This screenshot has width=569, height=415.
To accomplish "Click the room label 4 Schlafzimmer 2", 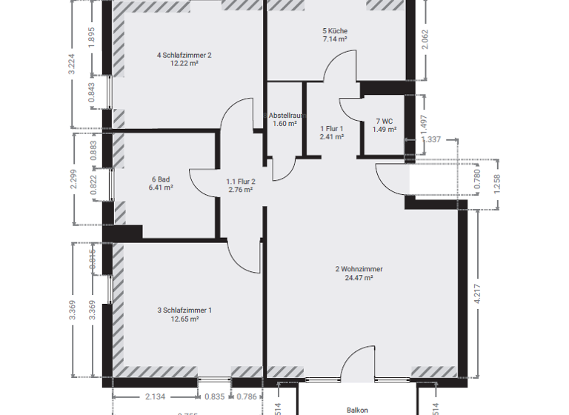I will coord(184,55).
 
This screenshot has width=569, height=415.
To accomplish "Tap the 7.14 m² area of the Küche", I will coord(335,39).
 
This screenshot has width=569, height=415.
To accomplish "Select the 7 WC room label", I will coord(384,121).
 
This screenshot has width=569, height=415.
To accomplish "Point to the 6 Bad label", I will coord(162,179).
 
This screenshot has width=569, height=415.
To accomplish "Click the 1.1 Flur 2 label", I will coord(241,181).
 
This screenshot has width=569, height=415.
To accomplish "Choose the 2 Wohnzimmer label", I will coord(359,269).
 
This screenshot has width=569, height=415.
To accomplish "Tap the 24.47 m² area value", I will coord(359,279).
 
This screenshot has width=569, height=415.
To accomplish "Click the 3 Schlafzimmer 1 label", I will coord(184,311).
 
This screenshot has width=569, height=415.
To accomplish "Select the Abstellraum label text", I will coord(286,115).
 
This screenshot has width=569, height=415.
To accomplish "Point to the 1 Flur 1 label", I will coord(332,128).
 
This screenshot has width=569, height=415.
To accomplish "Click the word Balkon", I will coord(357,409).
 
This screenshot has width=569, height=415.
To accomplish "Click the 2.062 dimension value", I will coord(424,39).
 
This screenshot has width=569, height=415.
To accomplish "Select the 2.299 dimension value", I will coord(73,179).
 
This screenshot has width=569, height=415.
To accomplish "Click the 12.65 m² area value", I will coord(184,319).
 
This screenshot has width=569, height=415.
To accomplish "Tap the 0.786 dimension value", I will coord(247,396).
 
